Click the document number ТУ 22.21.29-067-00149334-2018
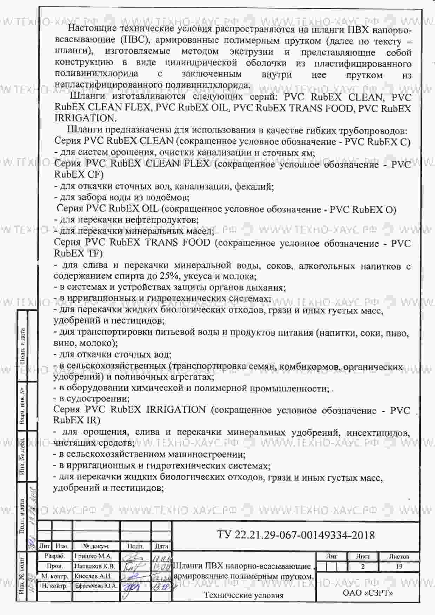pyautogui.click(x=296, y=535)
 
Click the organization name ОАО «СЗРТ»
pyautogui.click(x=367, y=593)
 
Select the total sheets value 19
pyautogui.click(x=399, y=566)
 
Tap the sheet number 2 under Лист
pyautogui.click(x=363, y=566)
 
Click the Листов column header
pyautogui.click(x=399, y=556)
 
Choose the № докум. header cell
pyautogui.click(x=96, y=546)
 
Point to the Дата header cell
pyautogui.click(x=161, y=546)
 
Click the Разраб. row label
pyautogui.click(x=55, y=556)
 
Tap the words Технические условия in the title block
pyautogui.click(x=244, y=595)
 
